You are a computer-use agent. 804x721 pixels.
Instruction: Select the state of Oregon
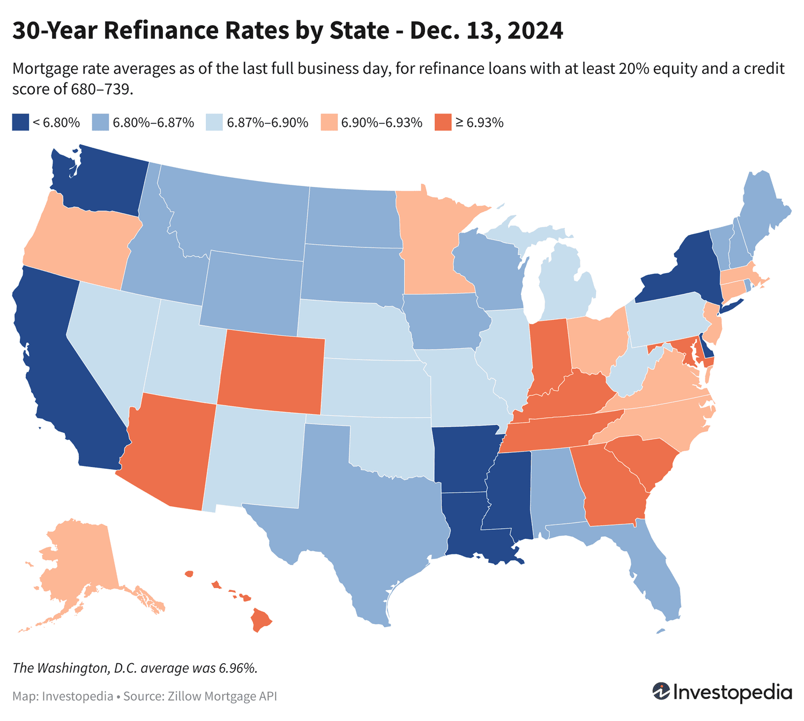pyautogui.click(x=80, y=241)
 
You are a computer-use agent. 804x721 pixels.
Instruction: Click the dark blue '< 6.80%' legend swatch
pyautogui.click(x=20, y=122)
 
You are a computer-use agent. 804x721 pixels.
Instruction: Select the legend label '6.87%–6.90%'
pyautogui.click(x=267, y=123)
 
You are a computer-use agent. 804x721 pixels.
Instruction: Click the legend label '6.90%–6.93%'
pyautogui.click(x=382, y=123)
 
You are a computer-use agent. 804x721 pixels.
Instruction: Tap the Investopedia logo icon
pyautogui.click(x=661, y=691)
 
